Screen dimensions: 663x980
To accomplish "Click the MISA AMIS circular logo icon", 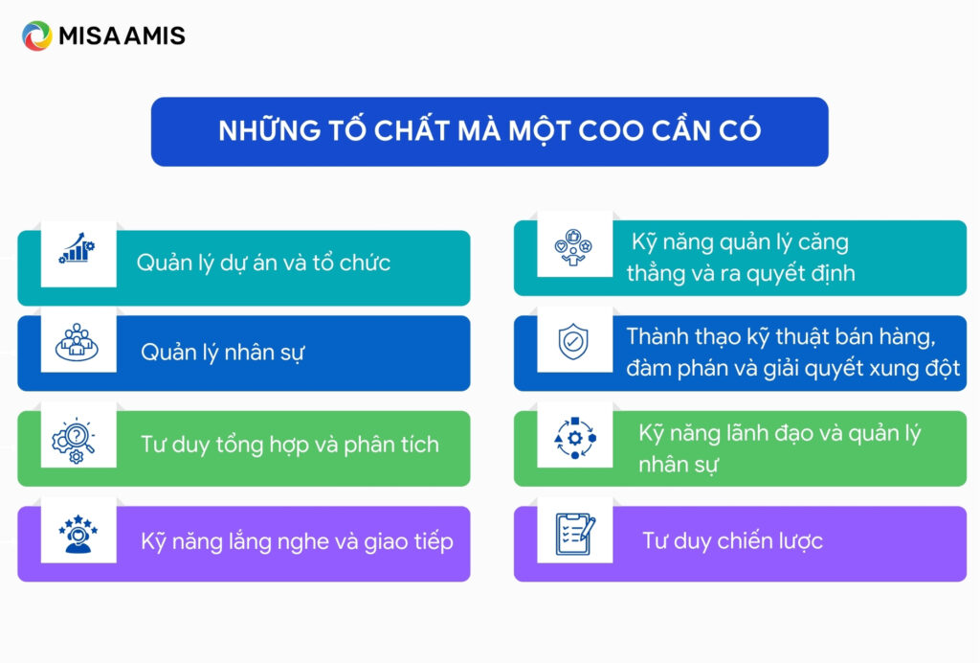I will pyautogui.click(x=37, y=36).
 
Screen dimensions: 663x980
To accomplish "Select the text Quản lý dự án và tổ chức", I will pyautogui.click(x=263, y=263).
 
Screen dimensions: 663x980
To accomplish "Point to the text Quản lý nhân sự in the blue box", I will pyautogui.click(x=223, y=353).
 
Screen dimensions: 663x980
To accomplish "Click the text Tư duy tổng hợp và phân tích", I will pyautogui.click(x=290, y=445).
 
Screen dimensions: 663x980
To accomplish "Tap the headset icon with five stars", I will pyautogui.click(x=77, y=535).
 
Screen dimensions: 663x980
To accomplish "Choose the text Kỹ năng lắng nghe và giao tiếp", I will pyautogui.click(x=297, y=541).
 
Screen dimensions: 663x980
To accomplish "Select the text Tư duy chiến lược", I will pyautogui.click(x=732, y=541).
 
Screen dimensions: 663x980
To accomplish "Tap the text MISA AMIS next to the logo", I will pyautogui.click(x=122, y=36).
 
